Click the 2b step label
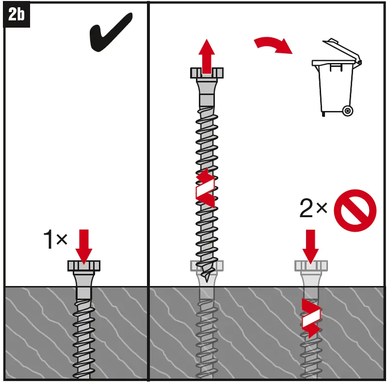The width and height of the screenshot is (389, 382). click(16, 14)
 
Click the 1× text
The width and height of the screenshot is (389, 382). click(55, 239)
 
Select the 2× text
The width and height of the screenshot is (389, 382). click(313, 208)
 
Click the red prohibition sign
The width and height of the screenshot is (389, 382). click(355, 210)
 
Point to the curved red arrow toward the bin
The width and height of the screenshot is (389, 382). click(273, 44)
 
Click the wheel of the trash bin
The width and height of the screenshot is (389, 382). click(348, 111)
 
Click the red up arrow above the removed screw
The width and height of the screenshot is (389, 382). click(207, 56)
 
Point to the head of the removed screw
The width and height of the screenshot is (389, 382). click(207, 73)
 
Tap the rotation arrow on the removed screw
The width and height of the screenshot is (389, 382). click(205, 188)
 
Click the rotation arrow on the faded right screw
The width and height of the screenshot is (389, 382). click(311, 318)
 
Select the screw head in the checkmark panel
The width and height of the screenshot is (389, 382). click(84, 266)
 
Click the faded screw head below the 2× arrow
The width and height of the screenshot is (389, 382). click(311, 266)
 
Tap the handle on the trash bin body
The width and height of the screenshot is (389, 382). click(336, 67)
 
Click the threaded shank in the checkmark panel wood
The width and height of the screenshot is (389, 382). click(84, 338)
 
